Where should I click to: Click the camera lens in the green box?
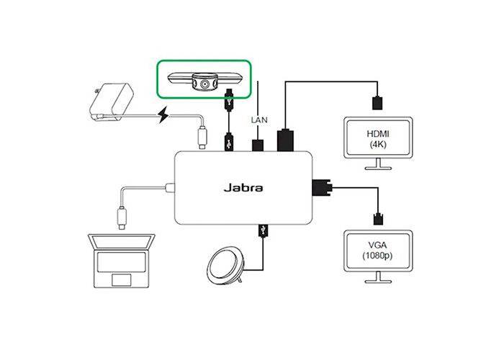pos(205,84)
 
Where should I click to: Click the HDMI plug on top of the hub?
pos(286,140)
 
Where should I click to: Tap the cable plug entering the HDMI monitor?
pos(377,102)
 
